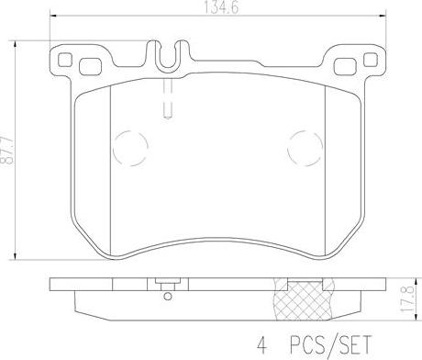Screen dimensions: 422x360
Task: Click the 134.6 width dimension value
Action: [x=221, y=7]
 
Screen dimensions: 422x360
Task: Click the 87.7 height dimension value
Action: [x=7, y=151]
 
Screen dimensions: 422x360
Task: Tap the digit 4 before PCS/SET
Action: [x=261, y=344]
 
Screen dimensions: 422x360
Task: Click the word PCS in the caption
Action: [x=307, y=344]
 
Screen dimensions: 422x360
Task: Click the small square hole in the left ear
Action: [x=65, y=60]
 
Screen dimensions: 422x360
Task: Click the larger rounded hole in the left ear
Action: [x=90, y=67]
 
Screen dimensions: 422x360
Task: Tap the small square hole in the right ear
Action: [x=371, y=60]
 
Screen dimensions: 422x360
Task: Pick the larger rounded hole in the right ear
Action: [x=345, y=67]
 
